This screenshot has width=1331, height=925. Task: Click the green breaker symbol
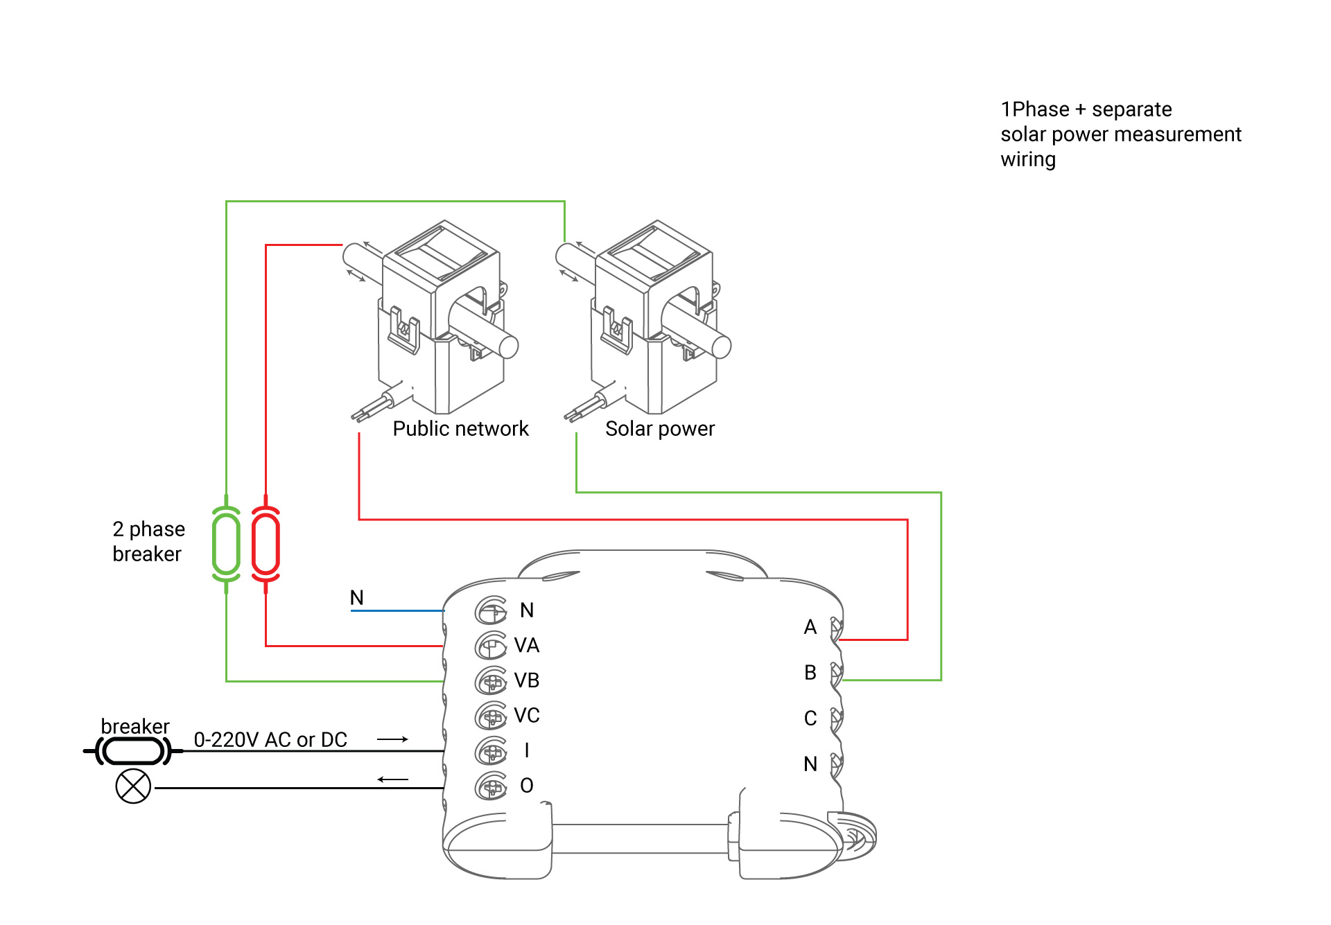click(226, 544)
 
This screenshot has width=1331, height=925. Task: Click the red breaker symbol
click(266, 544)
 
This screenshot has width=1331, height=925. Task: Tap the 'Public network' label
click(460, 429)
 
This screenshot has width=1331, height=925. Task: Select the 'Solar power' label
click(659, 429)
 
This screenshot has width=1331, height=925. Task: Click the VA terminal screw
click(491, 646)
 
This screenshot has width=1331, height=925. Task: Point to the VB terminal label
click(527, 680)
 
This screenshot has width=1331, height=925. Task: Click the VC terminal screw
click(491, 716)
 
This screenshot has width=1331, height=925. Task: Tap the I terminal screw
click(491, 750)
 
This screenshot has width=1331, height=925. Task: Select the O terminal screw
click(491, 786)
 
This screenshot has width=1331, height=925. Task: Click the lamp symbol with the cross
click(133, 786)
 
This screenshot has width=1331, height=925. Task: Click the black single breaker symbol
click(133, 750)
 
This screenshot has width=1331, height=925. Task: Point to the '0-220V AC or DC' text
click(270, 740)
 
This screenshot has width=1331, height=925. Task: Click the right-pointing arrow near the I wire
click(392, 739)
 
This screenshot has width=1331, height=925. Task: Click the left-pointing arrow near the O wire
click(392, 779)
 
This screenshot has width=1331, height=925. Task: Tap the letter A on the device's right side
click(810, 627)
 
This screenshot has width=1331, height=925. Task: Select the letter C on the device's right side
click(810, 719)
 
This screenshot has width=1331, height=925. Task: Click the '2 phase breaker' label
click(148, 542)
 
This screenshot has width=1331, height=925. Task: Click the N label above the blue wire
click(357, 597)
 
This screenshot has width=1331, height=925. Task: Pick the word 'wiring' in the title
click(1028, 160)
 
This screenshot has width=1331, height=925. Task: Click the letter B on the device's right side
click(810, 673)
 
